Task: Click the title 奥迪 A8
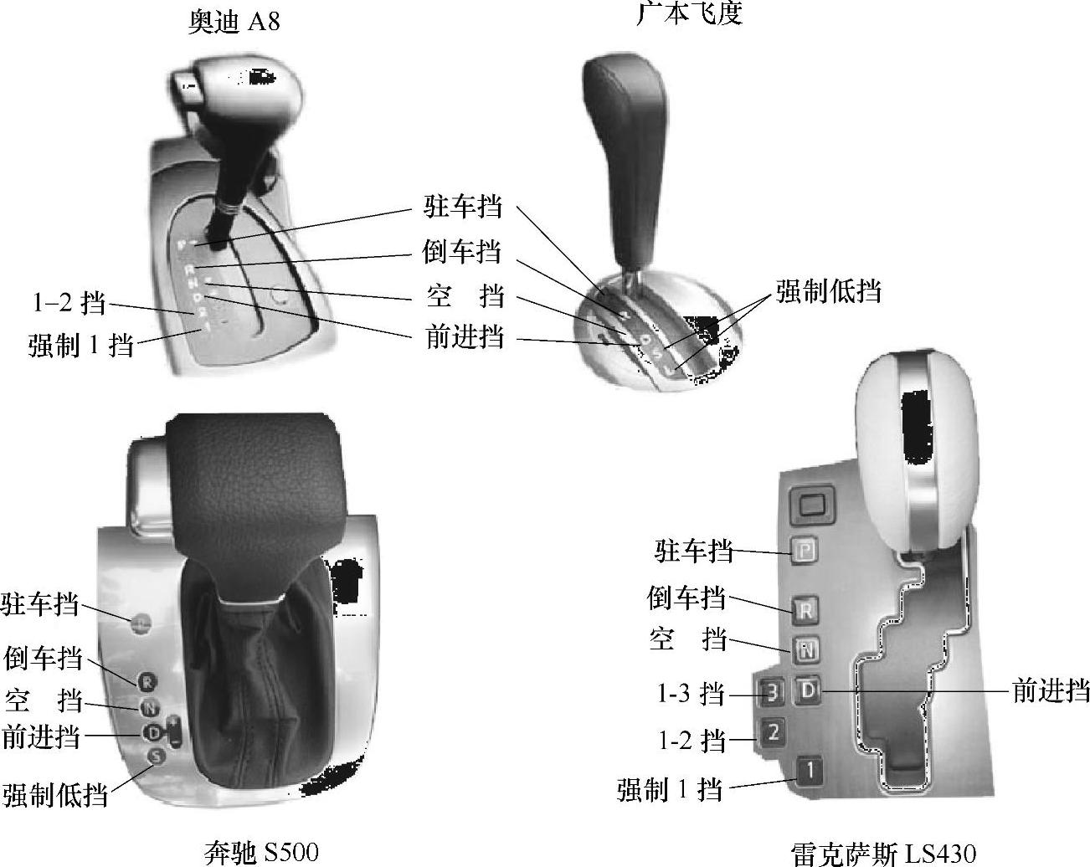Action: click(x=233, y=21)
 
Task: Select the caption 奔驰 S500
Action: click(x=261, y=852)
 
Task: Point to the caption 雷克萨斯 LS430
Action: click(x=883, y=854)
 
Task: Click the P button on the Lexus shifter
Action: click(x=805, y=551)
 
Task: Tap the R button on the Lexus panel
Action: click(x=805, y=609)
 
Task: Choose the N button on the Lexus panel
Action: click(x=806, y=649)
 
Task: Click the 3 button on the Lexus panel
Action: click(x=773, y=692)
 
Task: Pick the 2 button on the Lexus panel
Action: click(x=773, y=732)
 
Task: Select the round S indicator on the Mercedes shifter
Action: click(x=155, y=756)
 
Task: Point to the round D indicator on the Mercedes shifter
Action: click(x=153, y=732)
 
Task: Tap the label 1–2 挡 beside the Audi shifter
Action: click(x=69, y=303)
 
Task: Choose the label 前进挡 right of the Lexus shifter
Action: click(x=1050, y=690)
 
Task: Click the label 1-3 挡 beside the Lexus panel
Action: click(x=689, y=693)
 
